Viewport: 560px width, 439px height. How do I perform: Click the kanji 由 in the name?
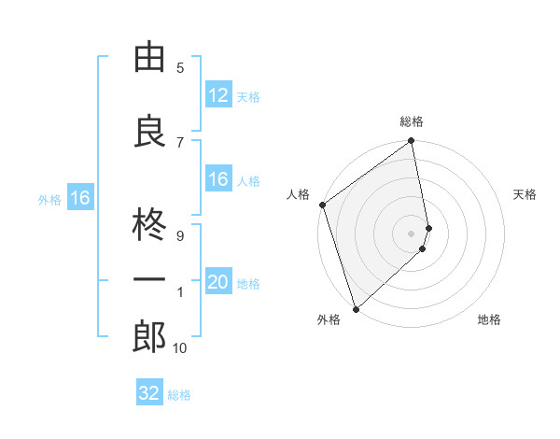(x=149, y=59)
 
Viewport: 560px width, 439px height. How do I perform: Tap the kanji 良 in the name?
(x=149, y=131)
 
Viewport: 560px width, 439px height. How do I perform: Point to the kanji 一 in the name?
(x=149, y=282)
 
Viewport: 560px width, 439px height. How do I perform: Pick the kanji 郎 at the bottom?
(x=149, y=338)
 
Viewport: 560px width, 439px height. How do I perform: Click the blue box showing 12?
(x=217, y=95)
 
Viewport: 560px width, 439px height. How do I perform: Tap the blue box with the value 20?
(x=217, y=283)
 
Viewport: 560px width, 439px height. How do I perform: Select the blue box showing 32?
(x=149, y=393)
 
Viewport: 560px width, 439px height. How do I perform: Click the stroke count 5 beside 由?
(x=180, y=67)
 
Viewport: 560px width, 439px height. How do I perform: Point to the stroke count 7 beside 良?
(x=180, y=142)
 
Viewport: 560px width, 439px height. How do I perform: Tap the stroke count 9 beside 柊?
(x=180, y=236)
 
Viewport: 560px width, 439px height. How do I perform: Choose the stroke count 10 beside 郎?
(x=180, y=348)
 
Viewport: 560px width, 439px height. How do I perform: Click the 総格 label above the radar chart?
(x=412, y=121)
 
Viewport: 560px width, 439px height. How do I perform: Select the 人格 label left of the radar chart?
(x=299, y=194)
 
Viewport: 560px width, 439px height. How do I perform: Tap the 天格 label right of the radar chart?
(x=525, y=194)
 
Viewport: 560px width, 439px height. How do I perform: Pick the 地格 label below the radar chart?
(x=489, y=319)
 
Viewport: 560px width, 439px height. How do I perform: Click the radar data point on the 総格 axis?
(x=412, y=142)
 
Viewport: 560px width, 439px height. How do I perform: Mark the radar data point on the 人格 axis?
(x=322, y=205)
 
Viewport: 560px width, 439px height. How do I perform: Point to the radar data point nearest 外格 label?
(x=356, y=309)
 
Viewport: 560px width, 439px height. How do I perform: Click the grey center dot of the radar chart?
(x=412, y=234)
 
